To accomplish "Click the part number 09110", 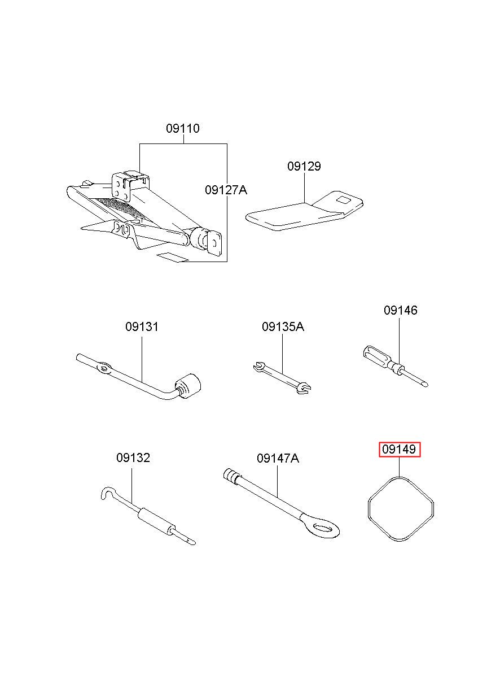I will coord(182,129).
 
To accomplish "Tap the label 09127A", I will coord(226,190).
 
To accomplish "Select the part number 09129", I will coord(304,167).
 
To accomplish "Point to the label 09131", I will coord(142,327).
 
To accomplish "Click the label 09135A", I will coord(283,327).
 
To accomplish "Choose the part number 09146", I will coord(400,310).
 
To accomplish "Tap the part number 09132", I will coord(133,458).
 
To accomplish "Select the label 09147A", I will coord(278,459).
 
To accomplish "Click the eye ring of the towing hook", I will coord(321,528).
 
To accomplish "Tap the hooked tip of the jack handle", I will coord(104,493).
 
